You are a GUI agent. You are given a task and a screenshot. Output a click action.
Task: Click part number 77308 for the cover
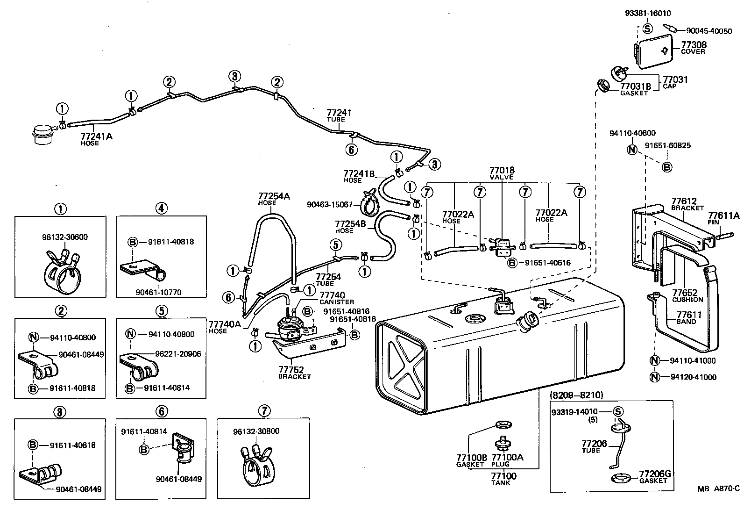(694, 45)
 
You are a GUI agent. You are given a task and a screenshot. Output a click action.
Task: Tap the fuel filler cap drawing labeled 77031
(619, 74)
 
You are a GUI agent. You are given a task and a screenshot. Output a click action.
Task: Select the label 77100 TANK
(503, 478)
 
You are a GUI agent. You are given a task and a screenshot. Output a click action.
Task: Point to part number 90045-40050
(708, 31)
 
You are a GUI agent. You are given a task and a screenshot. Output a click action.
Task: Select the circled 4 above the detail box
(161, 209)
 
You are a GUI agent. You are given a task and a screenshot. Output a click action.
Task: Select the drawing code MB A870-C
(719, 488)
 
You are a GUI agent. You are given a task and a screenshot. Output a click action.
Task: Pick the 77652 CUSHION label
(687, 295)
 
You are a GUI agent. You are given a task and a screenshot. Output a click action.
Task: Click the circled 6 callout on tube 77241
(351, 149)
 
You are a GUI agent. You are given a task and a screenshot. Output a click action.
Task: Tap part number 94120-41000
(693, 377)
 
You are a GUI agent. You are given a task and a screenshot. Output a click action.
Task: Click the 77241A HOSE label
(96, 139)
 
